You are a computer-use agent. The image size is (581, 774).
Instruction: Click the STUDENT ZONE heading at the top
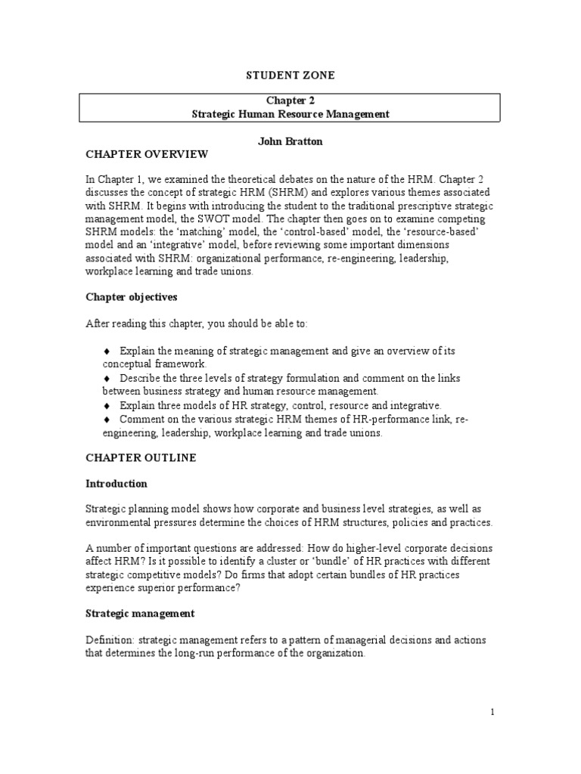290,75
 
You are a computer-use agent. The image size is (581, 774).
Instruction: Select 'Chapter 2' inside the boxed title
290,101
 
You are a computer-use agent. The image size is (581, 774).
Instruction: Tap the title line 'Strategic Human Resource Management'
290,114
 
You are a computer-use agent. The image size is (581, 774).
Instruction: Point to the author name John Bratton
290,141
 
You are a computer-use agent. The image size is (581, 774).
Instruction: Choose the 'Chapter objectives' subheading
131,297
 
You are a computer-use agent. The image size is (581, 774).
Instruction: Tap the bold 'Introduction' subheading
117,484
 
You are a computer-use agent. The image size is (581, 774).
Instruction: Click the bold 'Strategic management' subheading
140,613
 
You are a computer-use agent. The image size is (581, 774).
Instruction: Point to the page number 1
492,712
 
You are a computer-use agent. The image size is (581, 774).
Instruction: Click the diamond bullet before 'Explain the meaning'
107,352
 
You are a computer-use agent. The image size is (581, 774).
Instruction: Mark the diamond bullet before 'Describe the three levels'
107,378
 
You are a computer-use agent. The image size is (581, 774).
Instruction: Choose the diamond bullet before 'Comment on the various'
107,420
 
